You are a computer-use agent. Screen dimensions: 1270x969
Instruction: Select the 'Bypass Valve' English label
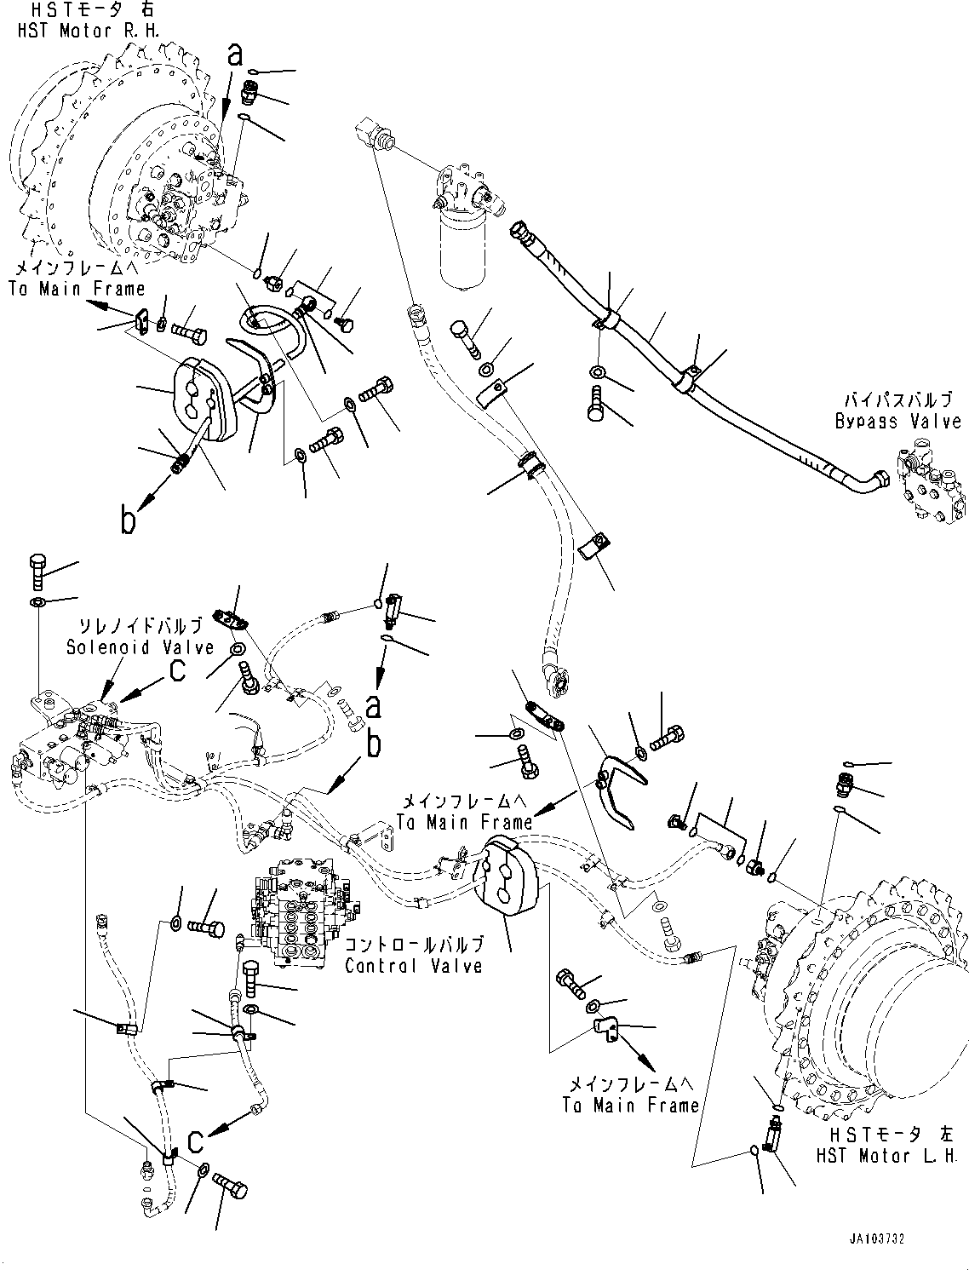[897, 422]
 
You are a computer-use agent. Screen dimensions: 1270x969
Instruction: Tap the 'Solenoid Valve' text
[140, 647]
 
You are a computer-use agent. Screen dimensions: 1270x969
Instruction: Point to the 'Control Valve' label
[414, 966]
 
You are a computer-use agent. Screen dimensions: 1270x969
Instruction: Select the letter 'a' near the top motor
[235, 55]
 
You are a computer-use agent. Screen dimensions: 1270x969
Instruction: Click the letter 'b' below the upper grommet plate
[128, 520]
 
